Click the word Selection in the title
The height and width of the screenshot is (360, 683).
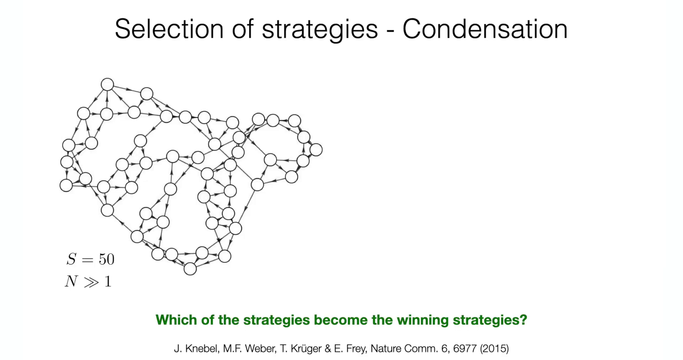pyautogui.click(x=169, y=29)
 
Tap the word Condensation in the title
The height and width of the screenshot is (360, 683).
pyautogui.click(x=485, y=29)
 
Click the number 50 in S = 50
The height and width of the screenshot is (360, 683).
pyautogui.click(x=107, y=259)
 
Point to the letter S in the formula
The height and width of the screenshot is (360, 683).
pyautogui.click(x=71, y=259)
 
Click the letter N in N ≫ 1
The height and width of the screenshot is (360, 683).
pyautogui.click(x=71, y=281)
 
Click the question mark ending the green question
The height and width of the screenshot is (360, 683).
pyautogui.click(x=523, y=320)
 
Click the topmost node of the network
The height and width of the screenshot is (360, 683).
pyautogui.click(x=107, y=85)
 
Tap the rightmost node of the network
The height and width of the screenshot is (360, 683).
pyautogui.click(x=316, y=150)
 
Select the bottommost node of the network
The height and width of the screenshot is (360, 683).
pyautogui.click(x=190, y=269)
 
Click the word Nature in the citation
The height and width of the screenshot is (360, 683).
pyautogui.click(x=386, y=349)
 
